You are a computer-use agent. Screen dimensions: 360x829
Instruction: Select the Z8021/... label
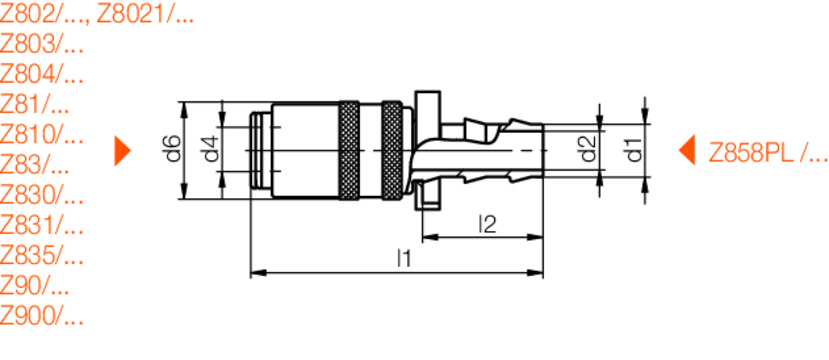coord(147,15)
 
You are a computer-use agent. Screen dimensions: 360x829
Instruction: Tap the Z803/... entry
coord(41,45)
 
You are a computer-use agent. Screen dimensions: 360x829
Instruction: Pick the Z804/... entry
coord(41,75)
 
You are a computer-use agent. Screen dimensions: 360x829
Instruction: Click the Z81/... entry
coord(35,105)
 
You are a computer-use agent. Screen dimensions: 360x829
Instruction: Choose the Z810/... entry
coord(41,135)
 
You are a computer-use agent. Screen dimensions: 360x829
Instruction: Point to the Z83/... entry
coord(35,165)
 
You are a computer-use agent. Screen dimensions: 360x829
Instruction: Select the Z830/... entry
coord(41,195)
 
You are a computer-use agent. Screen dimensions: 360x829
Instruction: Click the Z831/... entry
coord(41,225)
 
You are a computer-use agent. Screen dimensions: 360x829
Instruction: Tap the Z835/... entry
coord(41,255)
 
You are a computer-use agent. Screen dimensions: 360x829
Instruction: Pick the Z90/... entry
coord(35,286)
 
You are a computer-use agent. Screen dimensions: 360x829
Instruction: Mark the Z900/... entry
coord(41,316)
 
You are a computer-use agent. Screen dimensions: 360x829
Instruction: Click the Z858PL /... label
coord(768,152)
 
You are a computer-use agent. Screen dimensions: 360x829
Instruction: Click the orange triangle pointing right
coord(122,150)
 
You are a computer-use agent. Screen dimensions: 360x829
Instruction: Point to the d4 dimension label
coord(209,150)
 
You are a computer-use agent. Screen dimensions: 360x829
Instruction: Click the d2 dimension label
coord(588,151)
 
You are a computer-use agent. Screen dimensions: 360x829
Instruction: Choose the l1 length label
coord(402,258)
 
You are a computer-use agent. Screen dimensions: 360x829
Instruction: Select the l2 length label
coord(487,224)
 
